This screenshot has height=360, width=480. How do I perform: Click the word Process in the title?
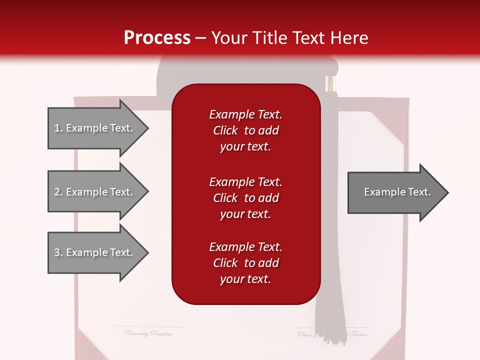coord(157,38)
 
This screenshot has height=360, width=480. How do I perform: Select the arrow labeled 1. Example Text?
coord(95,128)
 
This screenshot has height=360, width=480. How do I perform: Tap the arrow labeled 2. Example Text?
coord(95,192)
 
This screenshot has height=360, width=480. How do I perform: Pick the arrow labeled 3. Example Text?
coord(95,252)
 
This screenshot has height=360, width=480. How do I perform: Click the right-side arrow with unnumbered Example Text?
coord(395,192)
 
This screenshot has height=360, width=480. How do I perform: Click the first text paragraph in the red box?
coord(245,130)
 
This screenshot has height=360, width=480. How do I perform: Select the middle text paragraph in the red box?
coord(245,198)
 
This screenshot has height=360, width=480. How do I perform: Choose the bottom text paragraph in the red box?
coord(245,263)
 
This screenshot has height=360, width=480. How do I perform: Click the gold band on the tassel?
coord(329,83)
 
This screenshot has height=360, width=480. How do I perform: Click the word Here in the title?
coord(349,38)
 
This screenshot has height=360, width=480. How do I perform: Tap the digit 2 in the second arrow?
coord(57,192)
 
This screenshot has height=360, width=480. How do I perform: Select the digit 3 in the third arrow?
coord(57,252)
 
